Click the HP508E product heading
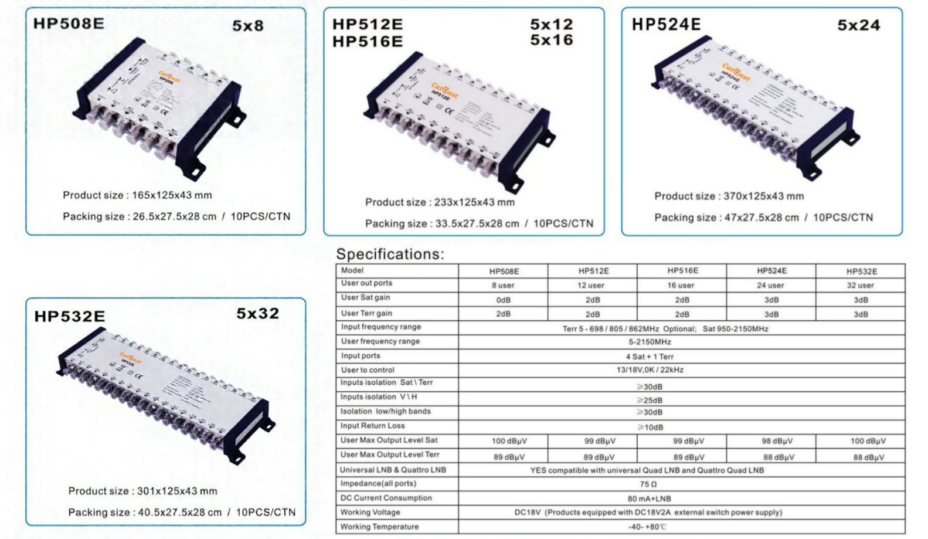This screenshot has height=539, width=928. (69, 23)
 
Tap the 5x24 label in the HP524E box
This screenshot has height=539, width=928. (858, 25)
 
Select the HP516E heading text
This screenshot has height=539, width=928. (368, 42)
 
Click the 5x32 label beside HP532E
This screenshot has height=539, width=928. (257, 314)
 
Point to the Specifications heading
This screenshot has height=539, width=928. (390, 254)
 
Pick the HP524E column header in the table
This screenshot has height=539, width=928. (771, 271)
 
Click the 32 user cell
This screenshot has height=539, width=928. (860, 286)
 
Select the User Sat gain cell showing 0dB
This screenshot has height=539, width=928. (503, 300)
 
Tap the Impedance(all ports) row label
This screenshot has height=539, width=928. (378, 484)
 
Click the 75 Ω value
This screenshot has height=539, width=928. (648, 484)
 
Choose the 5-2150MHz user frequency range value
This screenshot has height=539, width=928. (650, 342)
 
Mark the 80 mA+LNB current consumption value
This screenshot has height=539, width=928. (649, 499)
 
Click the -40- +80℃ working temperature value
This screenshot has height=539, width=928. (647, 527)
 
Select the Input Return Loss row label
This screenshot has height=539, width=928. (372, 426)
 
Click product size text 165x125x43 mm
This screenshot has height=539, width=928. (137, 195)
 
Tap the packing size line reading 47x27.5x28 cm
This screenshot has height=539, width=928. (763, 218)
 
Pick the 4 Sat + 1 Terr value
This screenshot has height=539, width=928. (650, 357)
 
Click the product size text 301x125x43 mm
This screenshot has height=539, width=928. (142, 491)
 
